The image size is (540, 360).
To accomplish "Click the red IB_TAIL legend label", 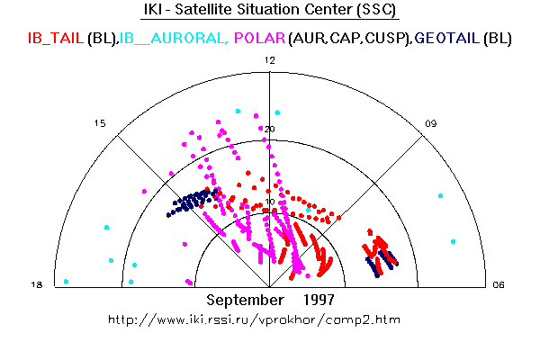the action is [x=56, y=38].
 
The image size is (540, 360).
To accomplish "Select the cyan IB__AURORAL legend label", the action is [x=174, y=38].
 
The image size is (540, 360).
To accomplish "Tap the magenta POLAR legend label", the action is [x=260, y=38].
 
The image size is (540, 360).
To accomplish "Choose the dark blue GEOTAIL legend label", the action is [x=447, y=38].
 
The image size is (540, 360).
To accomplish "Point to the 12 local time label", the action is [x=270, y=60].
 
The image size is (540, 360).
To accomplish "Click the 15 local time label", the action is [x=100, y=123].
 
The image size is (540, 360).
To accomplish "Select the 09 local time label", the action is [x=431, y=123].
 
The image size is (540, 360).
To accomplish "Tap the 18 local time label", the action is [x=37, y=285].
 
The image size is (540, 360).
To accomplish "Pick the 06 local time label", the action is [x=499, y=285].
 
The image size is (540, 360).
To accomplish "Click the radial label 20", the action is [x=270, y=130].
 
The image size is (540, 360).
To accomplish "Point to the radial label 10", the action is [x=270, y=202].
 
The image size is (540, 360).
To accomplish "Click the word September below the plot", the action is [x=245, y=300].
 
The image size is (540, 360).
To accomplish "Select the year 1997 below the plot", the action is [x=319, y=300].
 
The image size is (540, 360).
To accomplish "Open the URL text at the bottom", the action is [x=254, y=319].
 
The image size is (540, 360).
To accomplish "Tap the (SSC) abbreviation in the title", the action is [x=376, y=9].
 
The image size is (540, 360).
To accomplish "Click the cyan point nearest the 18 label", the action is [x=66, y=282].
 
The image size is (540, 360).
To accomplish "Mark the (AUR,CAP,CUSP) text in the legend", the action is [x=350, y=38].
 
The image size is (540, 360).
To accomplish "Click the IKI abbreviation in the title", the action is [x=153, y=9].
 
